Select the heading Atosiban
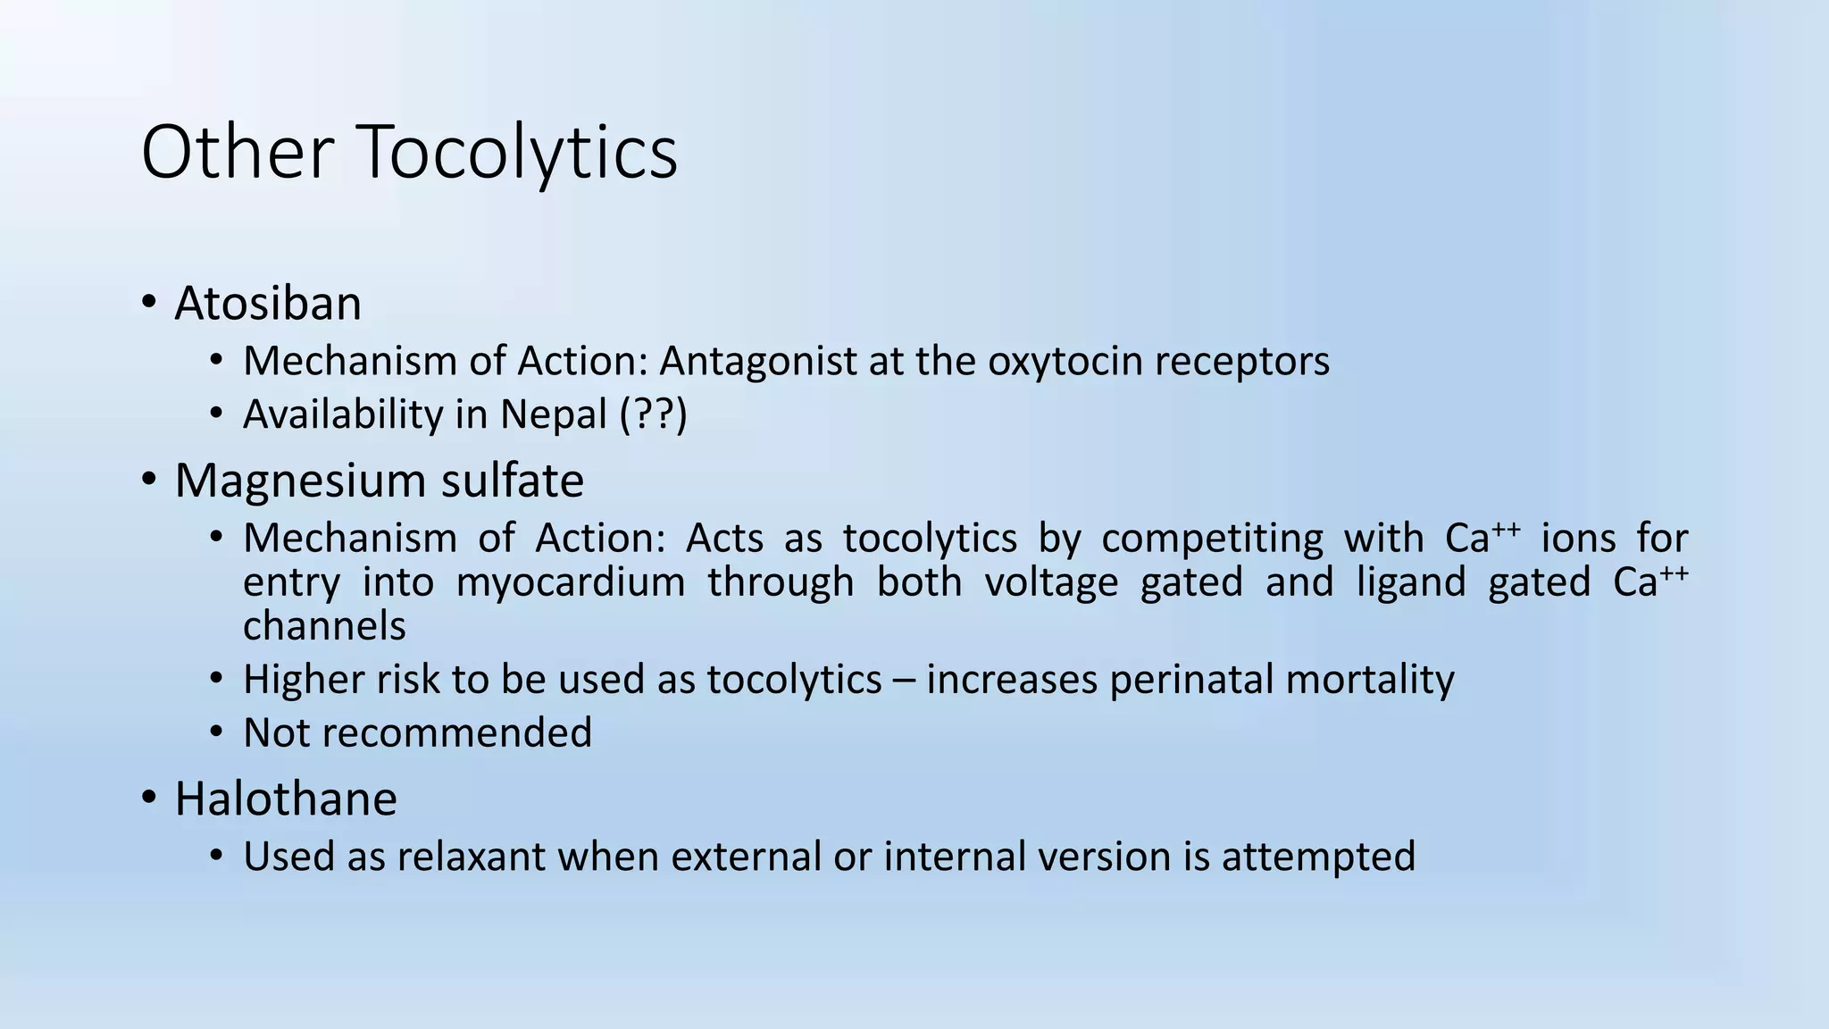point(268,304)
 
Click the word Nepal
point(554,415)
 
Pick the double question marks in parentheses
point(654,415)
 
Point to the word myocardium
point(570,583)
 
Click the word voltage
point(1051,583)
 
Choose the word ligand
point(1411,583)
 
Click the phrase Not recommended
point(417,733)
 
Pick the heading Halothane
point(286,799)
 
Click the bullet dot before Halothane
point(148,797)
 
